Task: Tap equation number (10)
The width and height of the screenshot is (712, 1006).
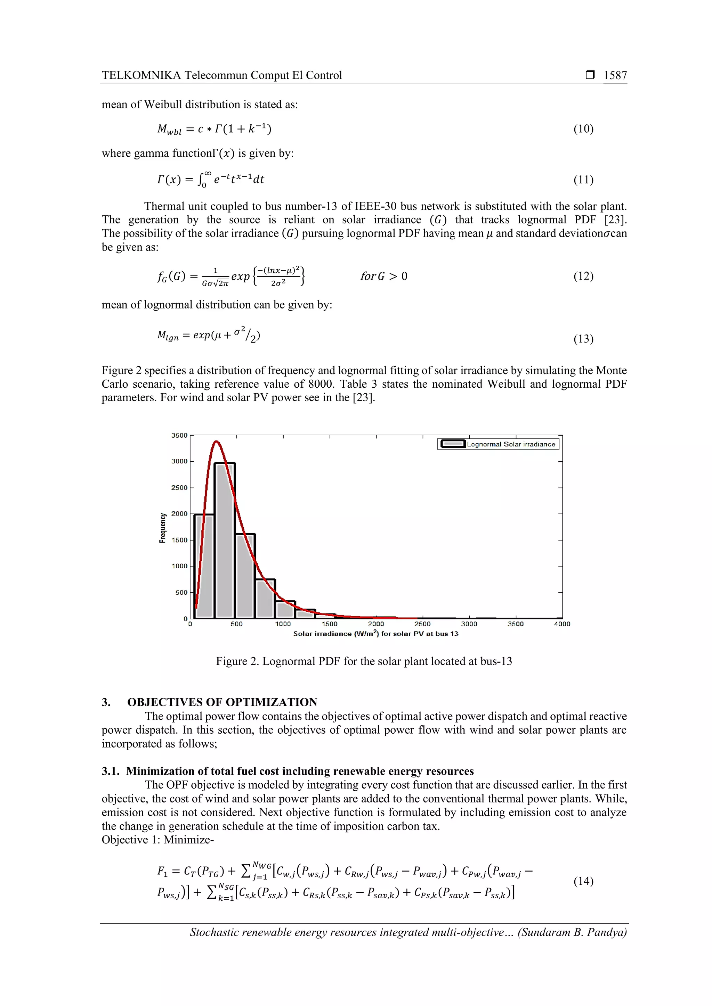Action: (x=583, y=129)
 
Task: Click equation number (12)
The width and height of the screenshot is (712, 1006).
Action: (x=583, y=276)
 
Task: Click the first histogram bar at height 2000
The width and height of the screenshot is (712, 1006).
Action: (x=204, y=565)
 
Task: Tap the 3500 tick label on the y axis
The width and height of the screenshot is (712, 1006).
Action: (x=179, y=436)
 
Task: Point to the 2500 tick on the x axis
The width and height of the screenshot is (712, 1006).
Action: (x=422, y=624)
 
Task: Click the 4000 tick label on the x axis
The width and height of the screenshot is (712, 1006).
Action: (x=561, y=624)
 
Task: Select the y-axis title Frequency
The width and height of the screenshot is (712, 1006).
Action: (x=163, y=528)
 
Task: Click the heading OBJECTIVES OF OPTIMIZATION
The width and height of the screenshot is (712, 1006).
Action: (x=222, y=702)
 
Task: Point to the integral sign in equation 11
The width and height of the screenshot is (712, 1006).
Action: (x=201, y=180)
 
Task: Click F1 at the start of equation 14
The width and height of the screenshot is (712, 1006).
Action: (x=163, y=871)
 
